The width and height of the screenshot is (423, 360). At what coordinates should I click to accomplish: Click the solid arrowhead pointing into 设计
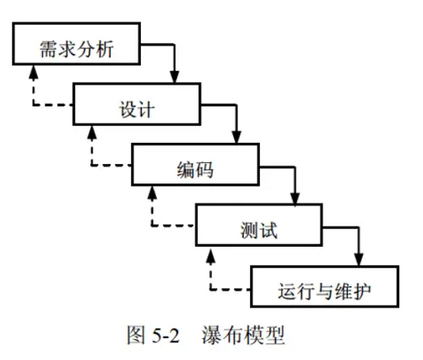coord(175,77)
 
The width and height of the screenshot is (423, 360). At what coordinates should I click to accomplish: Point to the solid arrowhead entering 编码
coord(236,137)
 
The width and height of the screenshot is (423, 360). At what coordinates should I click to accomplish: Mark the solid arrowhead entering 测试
coord(295,199)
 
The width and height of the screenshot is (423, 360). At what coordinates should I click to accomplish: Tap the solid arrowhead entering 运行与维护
coord(359,259)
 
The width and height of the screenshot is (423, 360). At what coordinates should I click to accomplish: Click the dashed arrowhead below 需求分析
coord(34,72)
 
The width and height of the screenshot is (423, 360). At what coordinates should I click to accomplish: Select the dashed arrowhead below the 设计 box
coord(92,132)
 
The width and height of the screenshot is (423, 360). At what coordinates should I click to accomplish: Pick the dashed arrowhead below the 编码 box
coord(152,193)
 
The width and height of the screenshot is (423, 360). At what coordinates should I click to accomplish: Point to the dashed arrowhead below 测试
coord(210,256)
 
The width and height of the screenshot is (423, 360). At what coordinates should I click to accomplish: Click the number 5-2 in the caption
coord(165,335)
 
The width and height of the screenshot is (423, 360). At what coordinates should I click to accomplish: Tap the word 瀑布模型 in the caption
coord(243,335)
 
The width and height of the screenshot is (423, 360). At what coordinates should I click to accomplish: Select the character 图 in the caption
coord(136,335)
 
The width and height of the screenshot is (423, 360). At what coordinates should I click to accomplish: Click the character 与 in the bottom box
coord(324,291)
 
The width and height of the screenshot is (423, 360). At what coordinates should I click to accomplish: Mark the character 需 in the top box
coord(48,49)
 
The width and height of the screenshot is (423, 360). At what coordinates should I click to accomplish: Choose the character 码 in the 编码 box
coord(204,170)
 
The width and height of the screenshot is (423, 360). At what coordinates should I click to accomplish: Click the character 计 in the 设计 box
coord(146,109)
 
